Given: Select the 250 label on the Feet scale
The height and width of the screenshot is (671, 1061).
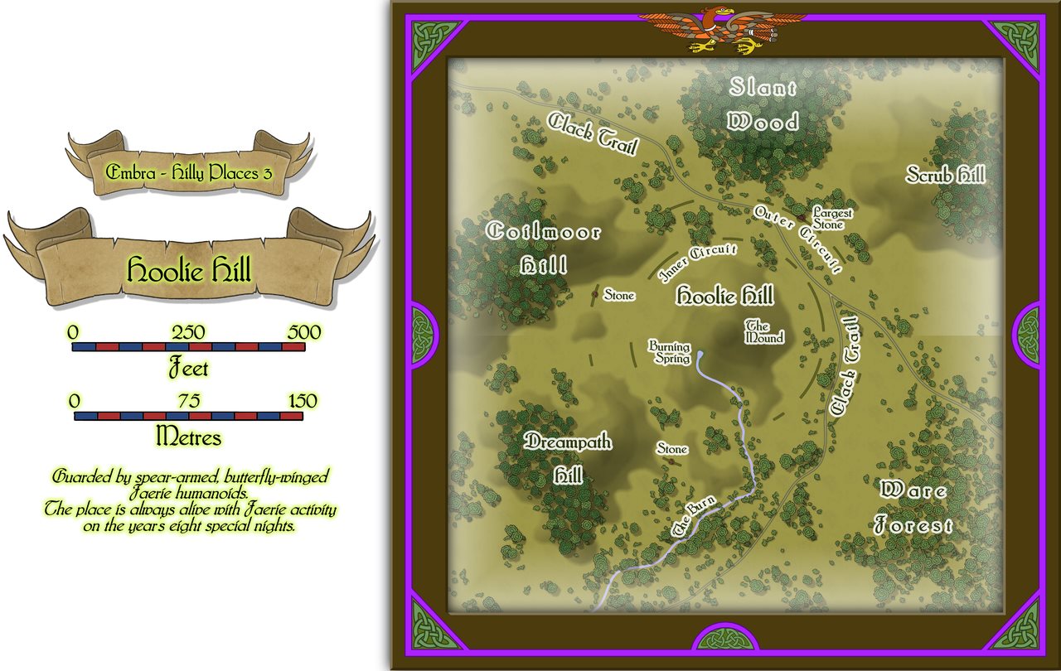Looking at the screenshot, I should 189,332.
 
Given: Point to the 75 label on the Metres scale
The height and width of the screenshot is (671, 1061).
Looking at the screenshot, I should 188,401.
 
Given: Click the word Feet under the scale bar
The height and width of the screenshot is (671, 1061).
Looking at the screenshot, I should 188,366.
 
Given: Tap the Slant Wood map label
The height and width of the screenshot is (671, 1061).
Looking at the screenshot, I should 763,104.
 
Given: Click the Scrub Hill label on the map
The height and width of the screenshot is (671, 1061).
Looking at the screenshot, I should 944,175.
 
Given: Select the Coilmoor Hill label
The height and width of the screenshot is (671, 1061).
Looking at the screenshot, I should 544,248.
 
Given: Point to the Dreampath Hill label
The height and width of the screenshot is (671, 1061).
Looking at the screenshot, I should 569,457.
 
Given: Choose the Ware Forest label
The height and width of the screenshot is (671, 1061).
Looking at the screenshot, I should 913,507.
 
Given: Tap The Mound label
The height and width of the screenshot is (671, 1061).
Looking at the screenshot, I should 763,332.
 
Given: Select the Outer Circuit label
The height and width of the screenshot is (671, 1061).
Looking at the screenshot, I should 797,239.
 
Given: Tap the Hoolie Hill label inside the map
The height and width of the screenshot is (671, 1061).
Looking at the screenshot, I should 724,296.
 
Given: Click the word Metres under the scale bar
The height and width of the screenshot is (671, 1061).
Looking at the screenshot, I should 188,435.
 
